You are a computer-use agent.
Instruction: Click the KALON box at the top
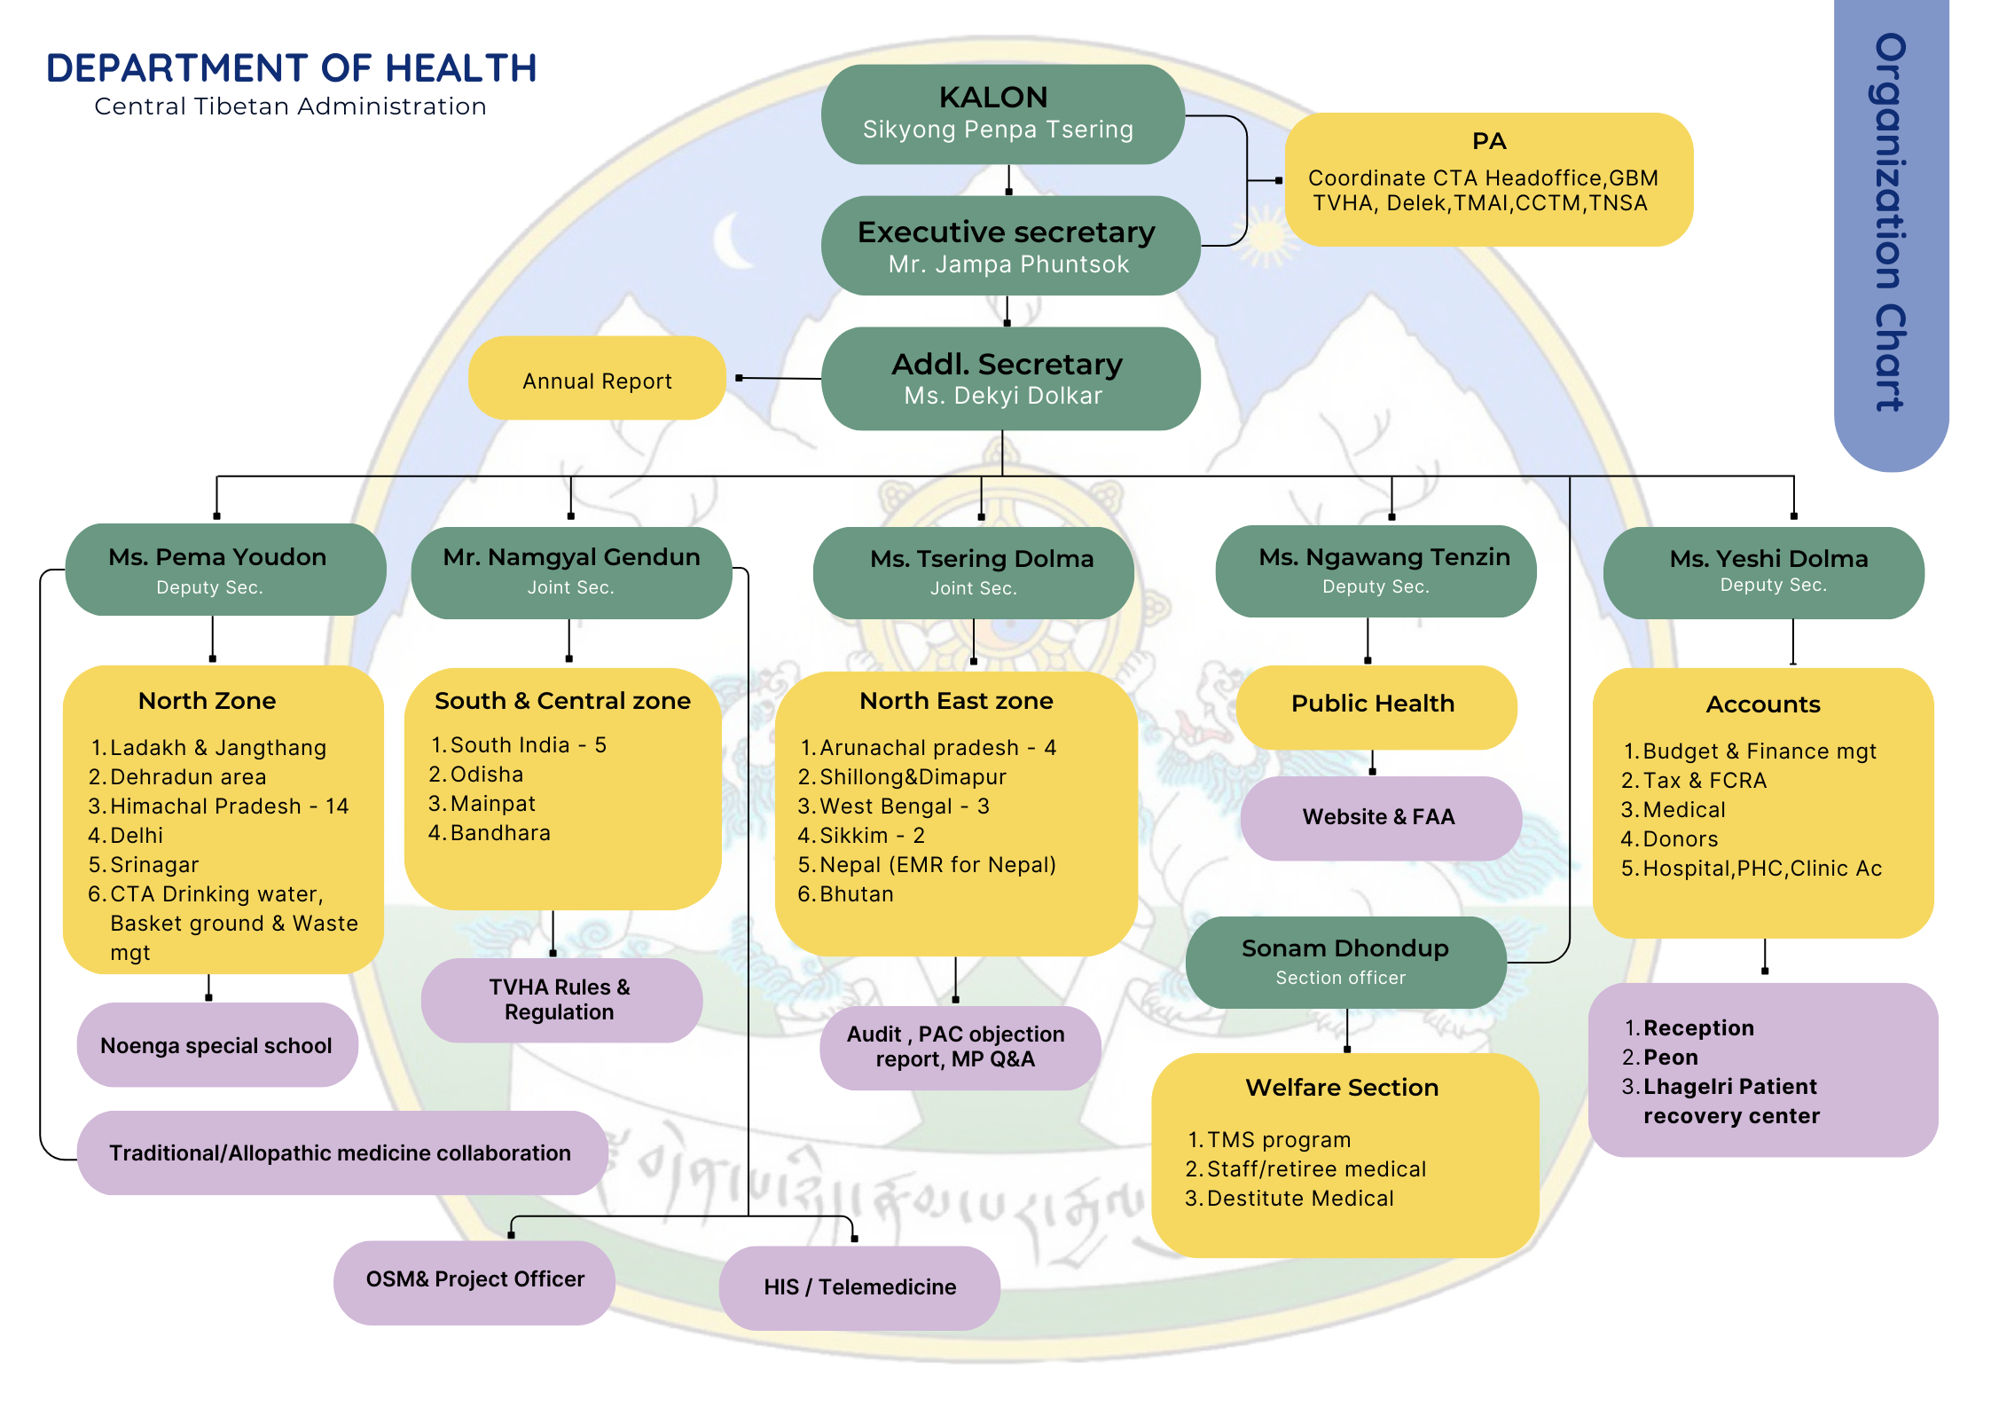(x=1002, y=114)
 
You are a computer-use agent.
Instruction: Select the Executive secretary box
(x=1009, y=246)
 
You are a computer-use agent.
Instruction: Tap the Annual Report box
(x=597, y=380)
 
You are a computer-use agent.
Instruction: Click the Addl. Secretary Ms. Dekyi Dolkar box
(x=1009, y=379)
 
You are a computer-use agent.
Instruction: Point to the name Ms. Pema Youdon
(x=217, y=557)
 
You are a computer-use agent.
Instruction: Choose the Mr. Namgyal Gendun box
(x=571, y=572)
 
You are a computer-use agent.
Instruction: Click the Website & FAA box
(x=1379, y=817)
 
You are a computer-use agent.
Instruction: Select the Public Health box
(x=1374, y=704)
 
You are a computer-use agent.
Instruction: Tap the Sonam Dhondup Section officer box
(x=1345, y=962)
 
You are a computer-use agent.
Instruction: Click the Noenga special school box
(x=216, y=1045)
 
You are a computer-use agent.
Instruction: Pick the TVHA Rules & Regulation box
(x=560, y=1000)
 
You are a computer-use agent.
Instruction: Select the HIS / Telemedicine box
(x=859, y=1287)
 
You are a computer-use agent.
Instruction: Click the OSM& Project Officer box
(x=474, y=1279)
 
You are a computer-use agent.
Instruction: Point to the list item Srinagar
(x=154, y=865)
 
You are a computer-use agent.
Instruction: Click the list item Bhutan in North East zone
(x=856, y=894)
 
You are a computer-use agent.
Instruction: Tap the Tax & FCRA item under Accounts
(x=1704, y=781)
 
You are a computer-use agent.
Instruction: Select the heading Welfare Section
(x=1342, y=1088)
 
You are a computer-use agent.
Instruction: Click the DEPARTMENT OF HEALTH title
(x=292, y=68)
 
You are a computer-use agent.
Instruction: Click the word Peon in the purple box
(x=1671, y=1058)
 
